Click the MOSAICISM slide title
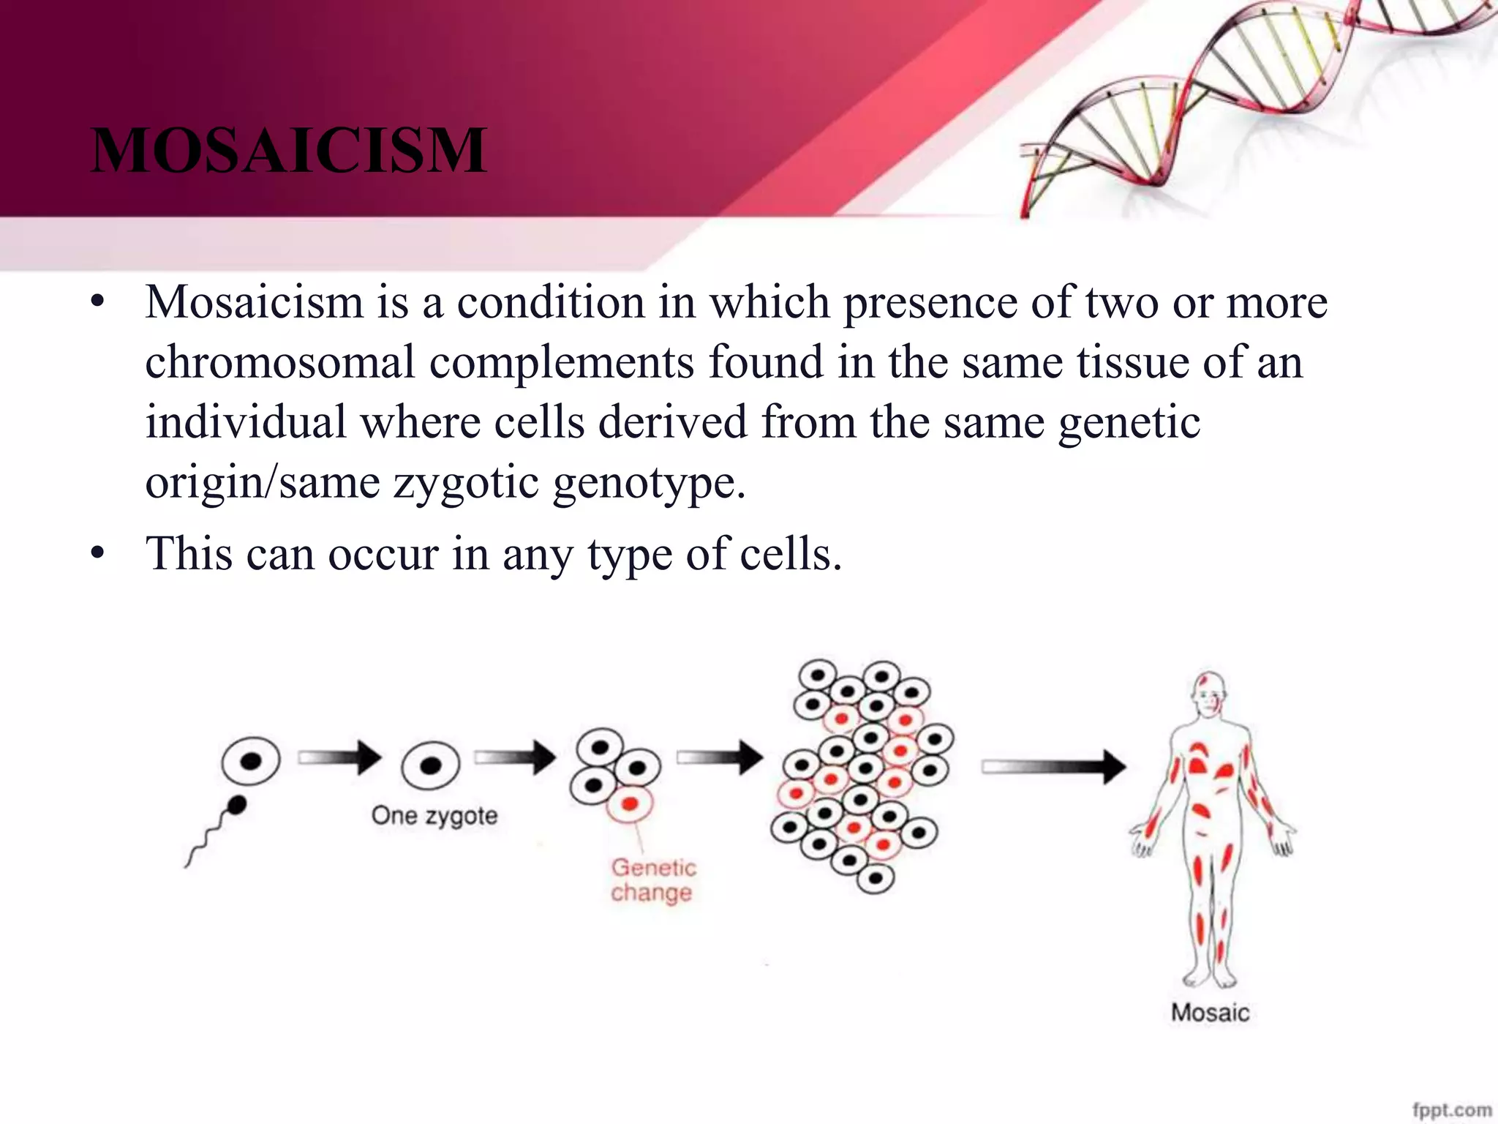pos(288,151)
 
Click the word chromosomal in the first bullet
pos(280,362)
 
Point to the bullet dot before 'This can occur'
pos(98,554)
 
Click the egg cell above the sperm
pos(251,761)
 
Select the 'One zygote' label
pos(434,815)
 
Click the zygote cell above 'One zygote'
pos(430,765)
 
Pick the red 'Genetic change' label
pos(652,880)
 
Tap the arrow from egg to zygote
pos(340,757)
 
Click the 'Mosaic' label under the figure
pos(1210,1013)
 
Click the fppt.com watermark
pos(1451,1109)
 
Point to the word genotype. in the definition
pos(649,483)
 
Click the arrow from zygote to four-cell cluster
pos(516,757)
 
